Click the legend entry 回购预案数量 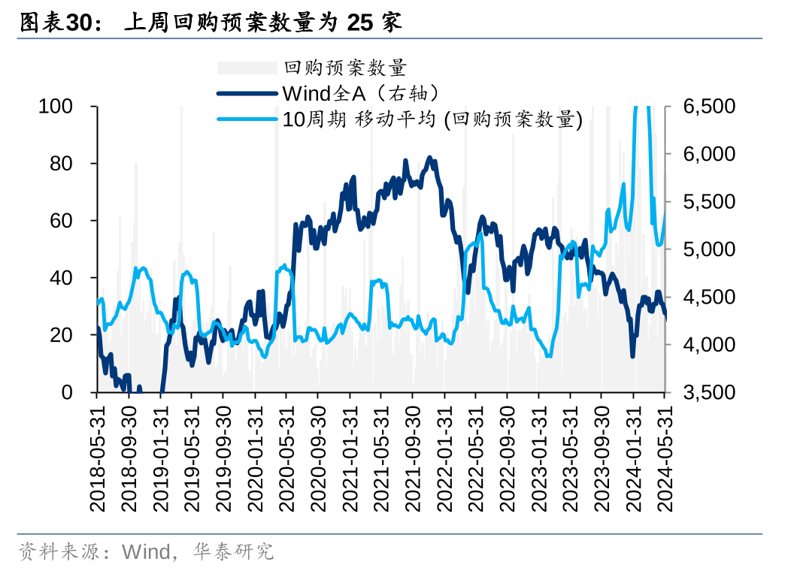(x=345, y=68)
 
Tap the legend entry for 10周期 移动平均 (x=432, y=119)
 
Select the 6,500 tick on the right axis (x=710, y=107)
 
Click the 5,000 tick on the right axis (x=710, y=249)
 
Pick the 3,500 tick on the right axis (x=710, y=392)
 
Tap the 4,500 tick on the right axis (x=710, y=298)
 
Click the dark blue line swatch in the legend (x=247, y=94)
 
